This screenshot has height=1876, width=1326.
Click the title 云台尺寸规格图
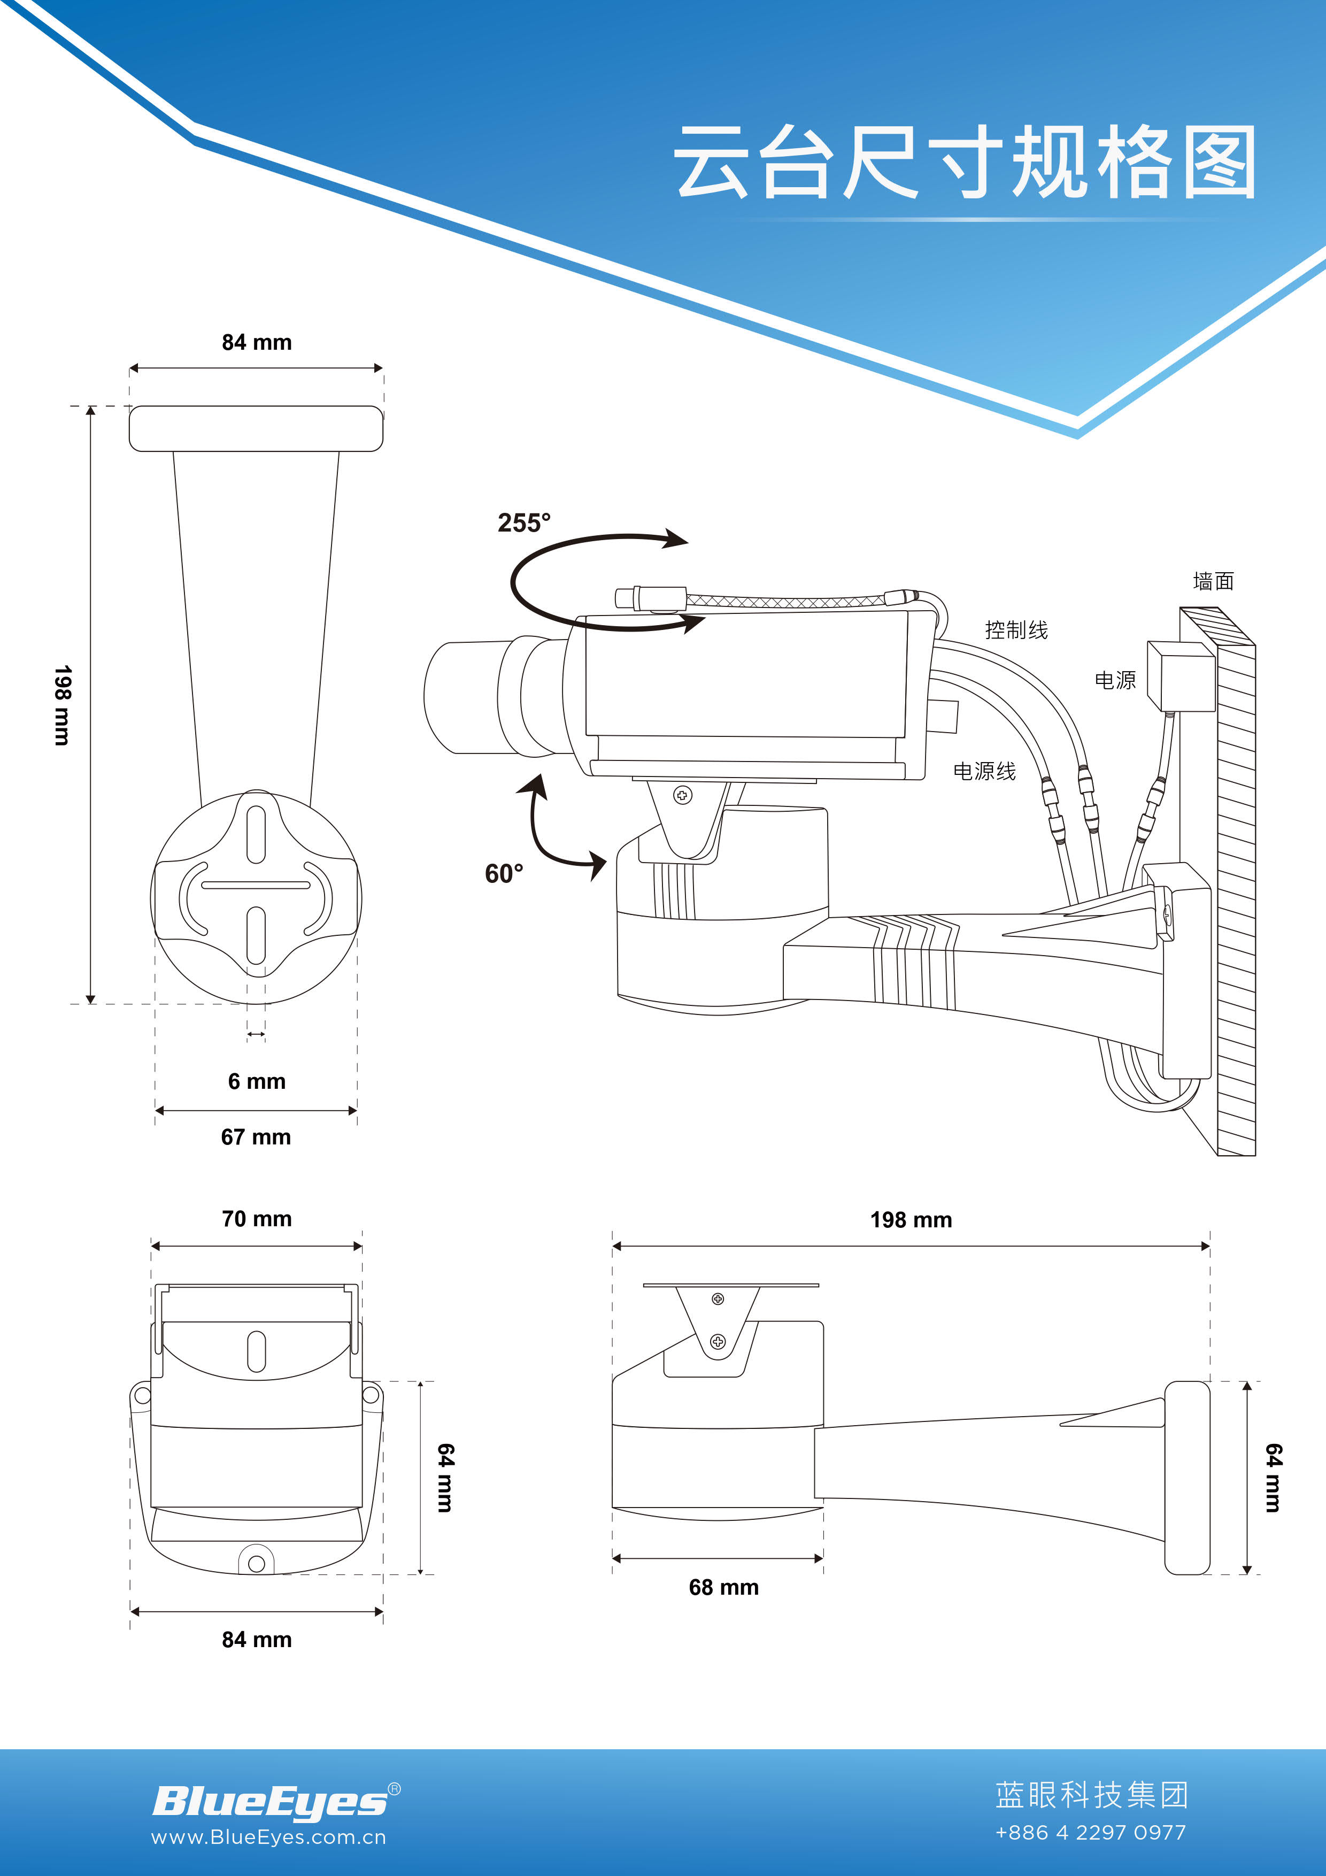click(964, 162)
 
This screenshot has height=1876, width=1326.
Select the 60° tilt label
click(504, 873)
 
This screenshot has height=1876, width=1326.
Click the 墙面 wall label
click(1213, 581)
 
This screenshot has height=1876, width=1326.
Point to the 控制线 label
click(1016, 630)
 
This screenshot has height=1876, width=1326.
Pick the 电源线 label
click(984, 771)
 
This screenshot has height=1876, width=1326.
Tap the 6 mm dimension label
click(257, 1082)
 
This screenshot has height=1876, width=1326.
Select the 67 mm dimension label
click(256, 1136)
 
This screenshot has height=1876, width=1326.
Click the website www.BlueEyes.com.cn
click(268, 1837)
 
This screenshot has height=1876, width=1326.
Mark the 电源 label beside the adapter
click(1115, 680)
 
